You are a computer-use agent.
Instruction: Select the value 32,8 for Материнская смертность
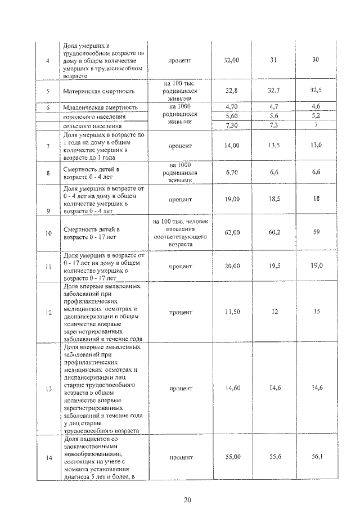point(232,90)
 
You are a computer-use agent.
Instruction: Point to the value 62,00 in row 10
point(232,231)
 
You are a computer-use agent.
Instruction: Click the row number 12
point(48,312)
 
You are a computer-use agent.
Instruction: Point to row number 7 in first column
point(48,146)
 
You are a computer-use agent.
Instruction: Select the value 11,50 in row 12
point(232,312)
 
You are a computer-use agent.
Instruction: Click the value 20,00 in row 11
point(232,266)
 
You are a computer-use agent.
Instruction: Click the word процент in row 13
point(180,388)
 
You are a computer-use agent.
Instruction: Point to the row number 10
point(48,231)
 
